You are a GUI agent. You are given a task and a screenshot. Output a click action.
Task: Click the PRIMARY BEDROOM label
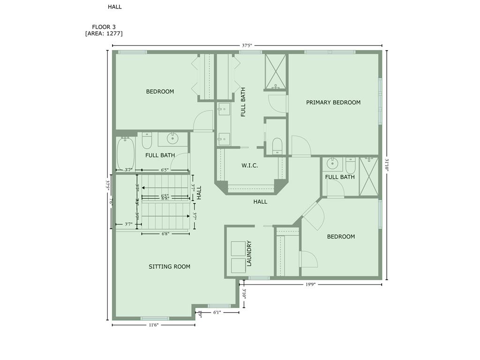(333, 102)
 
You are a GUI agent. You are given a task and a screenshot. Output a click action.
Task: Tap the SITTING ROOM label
(169, 267)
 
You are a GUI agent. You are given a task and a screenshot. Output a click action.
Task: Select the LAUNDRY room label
(249, 254)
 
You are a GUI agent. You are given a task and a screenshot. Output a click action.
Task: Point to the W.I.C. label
(250, 165)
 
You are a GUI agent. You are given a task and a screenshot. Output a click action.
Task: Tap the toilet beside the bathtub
(147, 141)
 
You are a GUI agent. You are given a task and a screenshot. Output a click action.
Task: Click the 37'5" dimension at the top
(247, 46)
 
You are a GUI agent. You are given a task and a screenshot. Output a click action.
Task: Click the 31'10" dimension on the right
(387, 165)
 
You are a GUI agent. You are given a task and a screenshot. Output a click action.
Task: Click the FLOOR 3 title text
(104, 27)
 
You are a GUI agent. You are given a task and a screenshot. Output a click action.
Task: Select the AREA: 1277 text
(104, 33)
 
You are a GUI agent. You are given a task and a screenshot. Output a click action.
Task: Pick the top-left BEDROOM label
(160, 91)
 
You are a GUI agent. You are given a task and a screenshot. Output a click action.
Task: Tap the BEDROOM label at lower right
(341, 237)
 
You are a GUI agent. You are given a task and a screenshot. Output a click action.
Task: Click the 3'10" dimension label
(244, 296)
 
